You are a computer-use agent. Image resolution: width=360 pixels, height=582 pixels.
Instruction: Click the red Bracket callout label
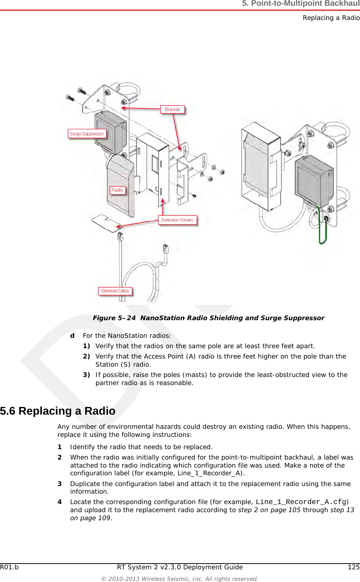tap(172, 109)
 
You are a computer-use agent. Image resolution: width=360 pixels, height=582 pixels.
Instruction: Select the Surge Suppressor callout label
tap(87, 134)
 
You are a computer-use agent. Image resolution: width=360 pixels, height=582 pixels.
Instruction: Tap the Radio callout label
tap(117, 190)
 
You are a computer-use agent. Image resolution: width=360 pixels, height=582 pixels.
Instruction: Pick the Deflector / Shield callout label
tap(177, 220)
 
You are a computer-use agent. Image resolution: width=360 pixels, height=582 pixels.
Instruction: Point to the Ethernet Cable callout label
tap(115, 291)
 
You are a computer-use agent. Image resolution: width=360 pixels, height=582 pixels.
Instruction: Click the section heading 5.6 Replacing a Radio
tap(58, 411)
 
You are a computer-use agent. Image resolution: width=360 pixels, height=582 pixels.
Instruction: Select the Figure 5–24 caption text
tap(208, 318)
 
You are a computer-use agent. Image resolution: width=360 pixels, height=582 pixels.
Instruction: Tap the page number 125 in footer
tap(353, 567)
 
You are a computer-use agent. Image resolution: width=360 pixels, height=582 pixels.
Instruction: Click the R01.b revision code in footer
tap(9, 567)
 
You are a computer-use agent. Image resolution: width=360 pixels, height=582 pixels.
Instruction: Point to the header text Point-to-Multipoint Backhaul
tap(301, 4)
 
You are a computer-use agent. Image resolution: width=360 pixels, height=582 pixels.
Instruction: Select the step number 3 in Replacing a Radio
tap(60, 484)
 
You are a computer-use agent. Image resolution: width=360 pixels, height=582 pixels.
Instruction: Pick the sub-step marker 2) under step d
tap(86, 356)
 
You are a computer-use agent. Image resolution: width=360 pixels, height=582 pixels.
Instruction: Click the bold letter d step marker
tap(72, 336)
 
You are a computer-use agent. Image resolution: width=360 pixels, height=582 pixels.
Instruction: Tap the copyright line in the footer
tap(179, 579)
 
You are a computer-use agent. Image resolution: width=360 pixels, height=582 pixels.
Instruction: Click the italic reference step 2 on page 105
tap(269, 510)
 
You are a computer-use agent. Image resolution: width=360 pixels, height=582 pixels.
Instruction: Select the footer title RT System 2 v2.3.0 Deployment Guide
tap(179, 567)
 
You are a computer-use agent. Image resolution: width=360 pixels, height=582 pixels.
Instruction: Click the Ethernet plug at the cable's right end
tap(166, 249)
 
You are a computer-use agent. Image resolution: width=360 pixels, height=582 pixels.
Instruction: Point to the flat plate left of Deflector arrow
tap(104, 223)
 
